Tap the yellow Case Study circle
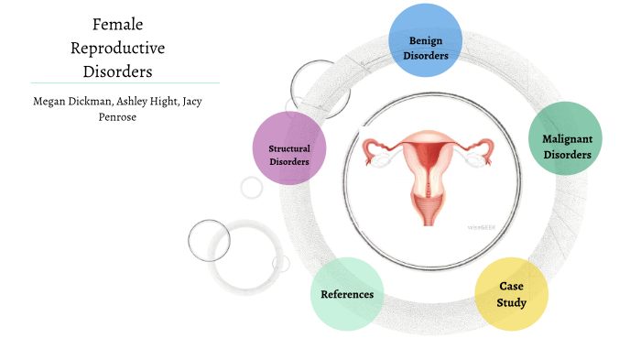(512, 293)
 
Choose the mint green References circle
(346, 294)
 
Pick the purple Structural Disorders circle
(288, 147)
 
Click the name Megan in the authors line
(49, 101)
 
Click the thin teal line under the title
(125, 82)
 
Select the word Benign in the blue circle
(425, 41)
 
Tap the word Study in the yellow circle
(513, 301)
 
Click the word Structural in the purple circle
(288, 148)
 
